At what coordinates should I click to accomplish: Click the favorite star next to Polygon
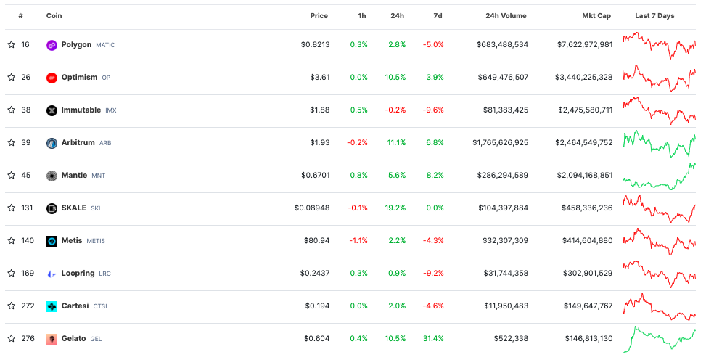(11, 45)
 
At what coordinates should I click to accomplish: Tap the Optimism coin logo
(52, 78)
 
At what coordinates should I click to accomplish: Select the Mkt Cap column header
(597, 16)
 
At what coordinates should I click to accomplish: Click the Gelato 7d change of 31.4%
(434, 339)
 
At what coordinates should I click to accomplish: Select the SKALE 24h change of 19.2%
(396, 208)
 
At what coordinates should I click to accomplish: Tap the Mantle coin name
(74, 176)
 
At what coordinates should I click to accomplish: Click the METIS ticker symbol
(96, 241)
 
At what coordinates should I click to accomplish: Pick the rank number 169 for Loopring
(28, 274)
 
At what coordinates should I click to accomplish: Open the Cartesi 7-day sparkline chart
(659, 306)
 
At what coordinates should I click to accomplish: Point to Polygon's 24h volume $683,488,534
(502, 45)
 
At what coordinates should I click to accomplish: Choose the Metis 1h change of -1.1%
(358, 241)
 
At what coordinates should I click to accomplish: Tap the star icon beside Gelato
(11, 339)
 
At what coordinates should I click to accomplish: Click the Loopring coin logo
(52, 274)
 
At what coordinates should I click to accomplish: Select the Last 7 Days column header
(654, 16)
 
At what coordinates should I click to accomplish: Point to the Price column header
(319, 16)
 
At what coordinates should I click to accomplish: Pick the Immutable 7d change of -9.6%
(433, 110)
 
